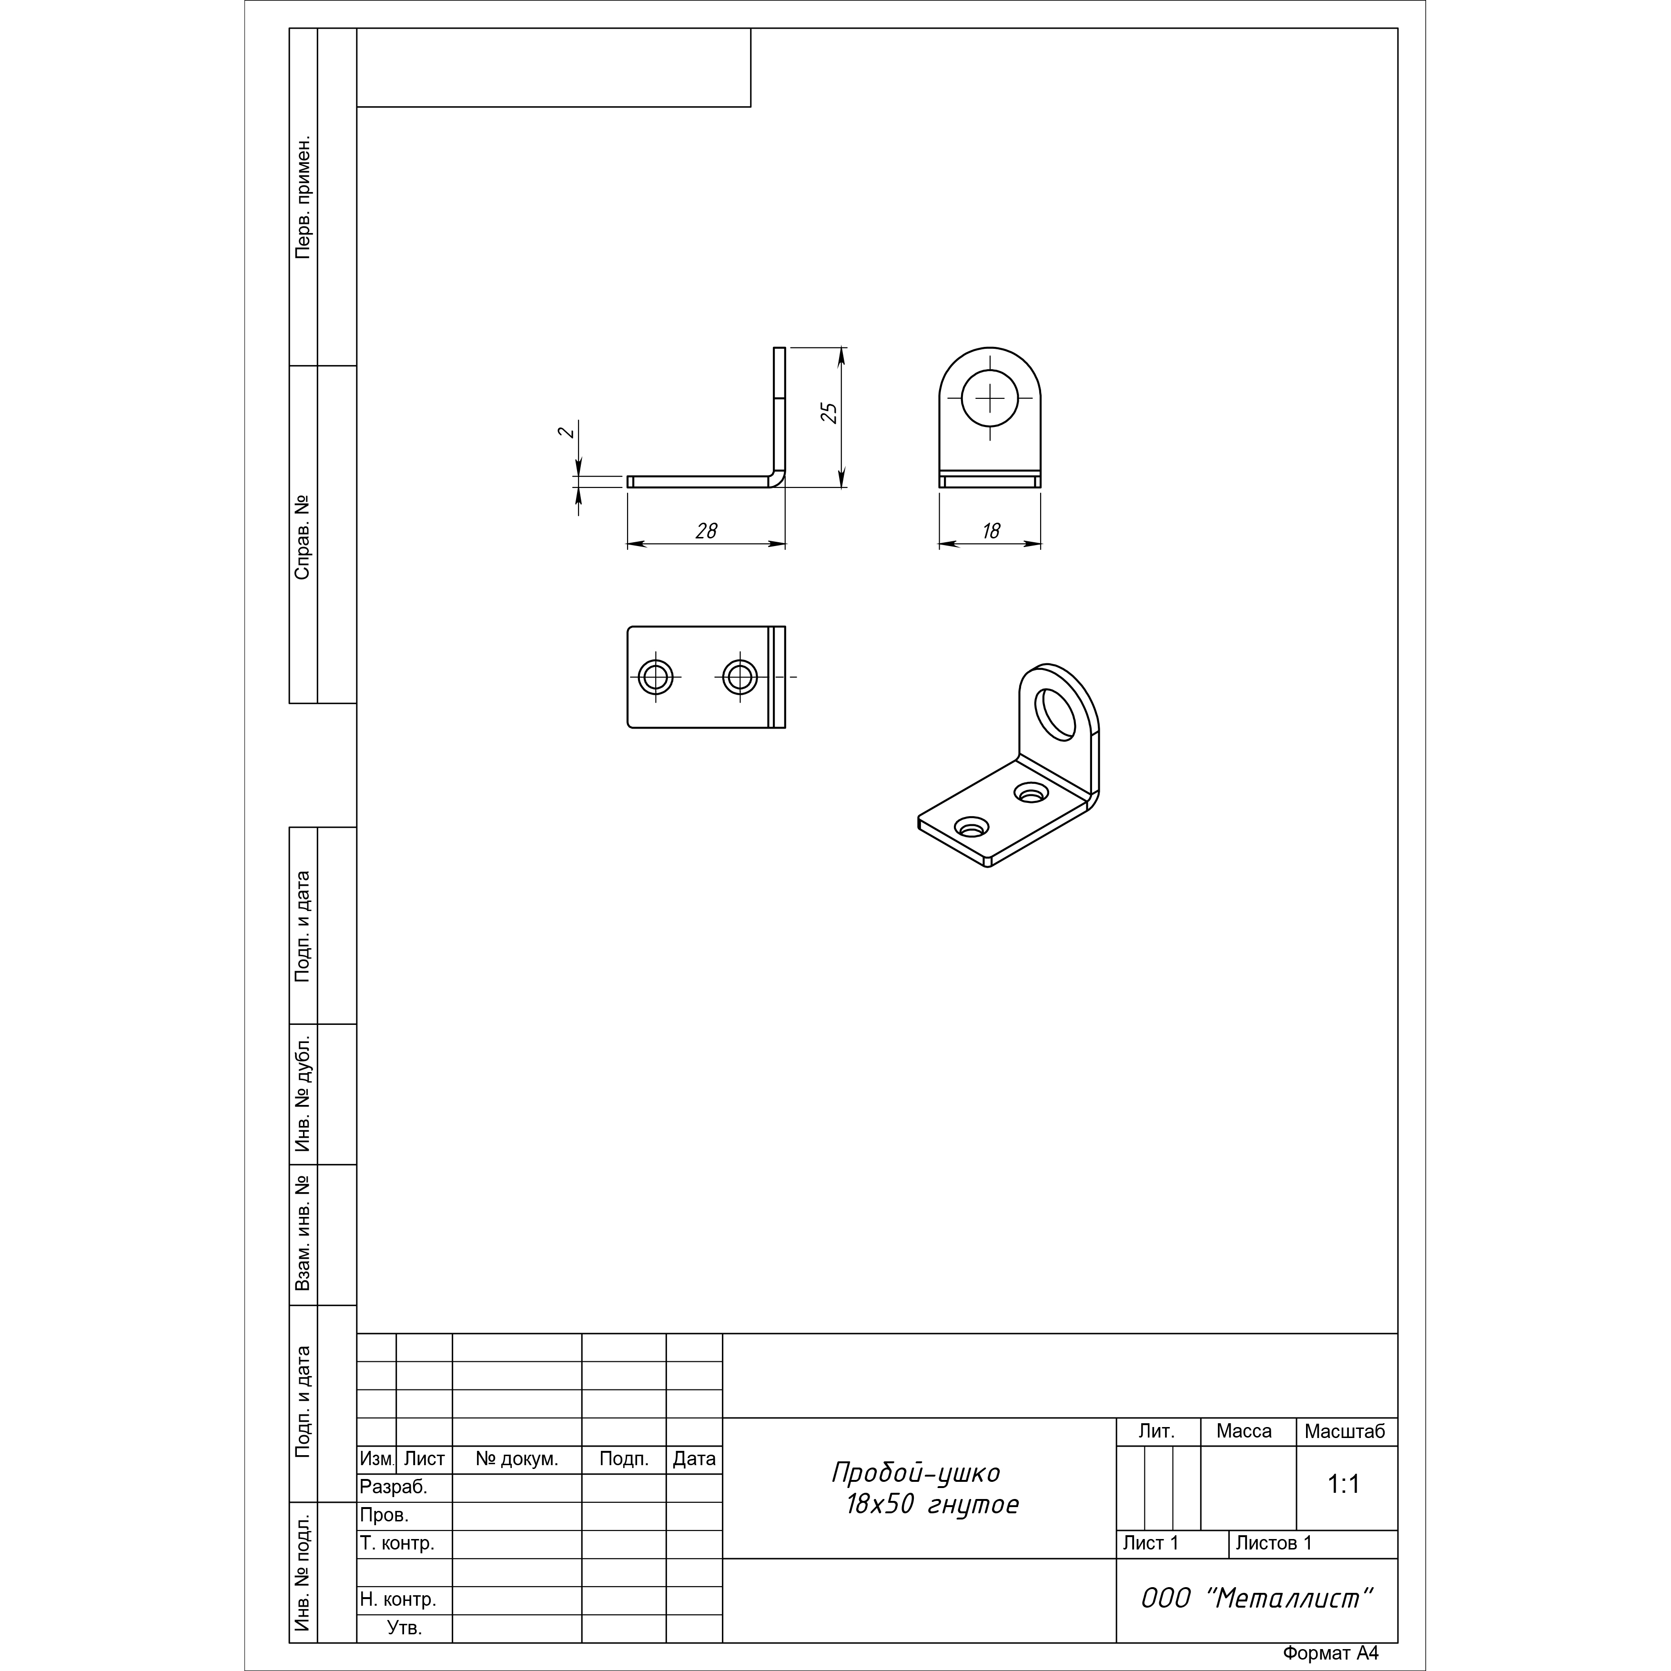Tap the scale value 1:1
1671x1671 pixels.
click(1344, 1484)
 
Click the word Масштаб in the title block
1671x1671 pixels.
click(1345, 1431)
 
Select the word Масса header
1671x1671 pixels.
click(1244, 1431)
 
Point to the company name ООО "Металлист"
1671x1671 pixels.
click(1257, 1599)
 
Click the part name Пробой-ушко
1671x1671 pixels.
click(916, 1472)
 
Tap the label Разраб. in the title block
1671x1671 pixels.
click(394, 1487)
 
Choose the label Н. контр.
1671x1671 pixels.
click(398, 1599)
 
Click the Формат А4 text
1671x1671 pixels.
click(1330, 1653)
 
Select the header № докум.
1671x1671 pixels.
click(517, 1459)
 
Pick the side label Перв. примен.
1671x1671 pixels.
click(303, 197)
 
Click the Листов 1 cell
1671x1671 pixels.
click(1274, 1543)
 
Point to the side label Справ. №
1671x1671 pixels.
click(303, 537)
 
